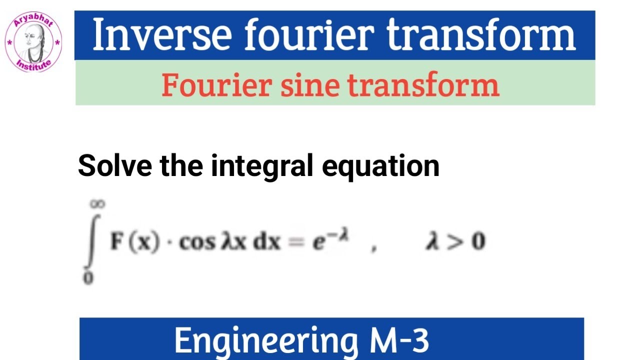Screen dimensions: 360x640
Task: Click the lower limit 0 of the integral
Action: pos(88,278)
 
